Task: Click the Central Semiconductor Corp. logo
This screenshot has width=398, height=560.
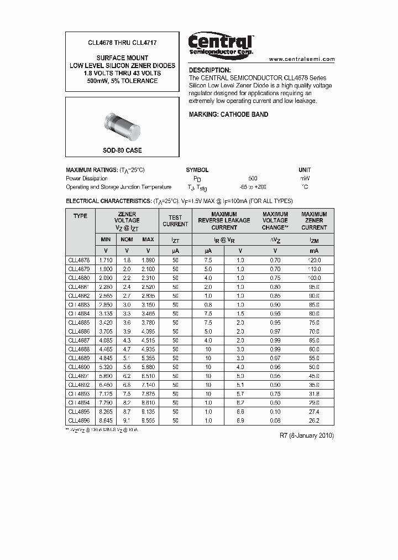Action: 221,44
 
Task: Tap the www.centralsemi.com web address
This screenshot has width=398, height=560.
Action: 302,59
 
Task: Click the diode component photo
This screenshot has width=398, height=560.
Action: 122,123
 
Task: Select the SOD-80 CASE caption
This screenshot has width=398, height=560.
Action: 122,151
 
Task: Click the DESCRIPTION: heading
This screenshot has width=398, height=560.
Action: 210,70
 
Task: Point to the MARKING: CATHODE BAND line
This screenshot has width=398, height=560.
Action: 228,115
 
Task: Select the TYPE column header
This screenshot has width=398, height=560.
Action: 80,216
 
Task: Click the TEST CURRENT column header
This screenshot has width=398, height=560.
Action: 175,221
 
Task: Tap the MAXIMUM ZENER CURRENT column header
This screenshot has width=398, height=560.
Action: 314,220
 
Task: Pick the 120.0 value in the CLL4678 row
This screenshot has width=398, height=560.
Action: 314,260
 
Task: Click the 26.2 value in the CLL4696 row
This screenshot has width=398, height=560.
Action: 314,421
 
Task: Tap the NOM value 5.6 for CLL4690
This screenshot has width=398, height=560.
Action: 127,367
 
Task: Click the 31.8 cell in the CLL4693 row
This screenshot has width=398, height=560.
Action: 314,393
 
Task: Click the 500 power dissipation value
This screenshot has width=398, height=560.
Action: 253,179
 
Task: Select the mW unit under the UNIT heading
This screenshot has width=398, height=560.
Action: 305,179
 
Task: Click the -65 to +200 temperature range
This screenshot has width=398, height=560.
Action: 253,187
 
